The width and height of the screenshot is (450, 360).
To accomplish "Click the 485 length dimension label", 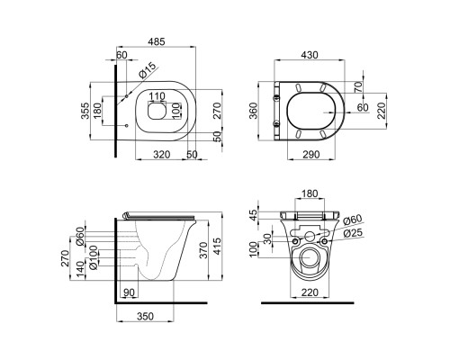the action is [157, 41].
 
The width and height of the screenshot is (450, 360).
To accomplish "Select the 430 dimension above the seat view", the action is [310, 55].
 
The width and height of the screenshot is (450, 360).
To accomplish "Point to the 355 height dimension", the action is [85, 111].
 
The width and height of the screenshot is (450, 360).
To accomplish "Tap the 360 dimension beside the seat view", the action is [254, 111].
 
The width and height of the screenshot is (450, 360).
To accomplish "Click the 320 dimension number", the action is [162, 155].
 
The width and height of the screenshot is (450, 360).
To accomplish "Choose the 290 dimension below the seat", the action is [310, 155].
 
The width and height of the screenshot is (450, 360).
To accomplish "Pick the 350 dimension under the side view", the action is [145, 316].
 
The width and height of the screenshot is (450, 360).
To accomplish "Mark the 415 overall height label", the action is [217, 246].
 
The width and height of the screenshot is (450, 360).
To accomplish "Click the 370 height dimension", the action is [203, 250].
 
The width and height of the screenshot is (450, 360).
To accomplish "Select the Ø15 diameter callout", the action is [148, 70].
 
